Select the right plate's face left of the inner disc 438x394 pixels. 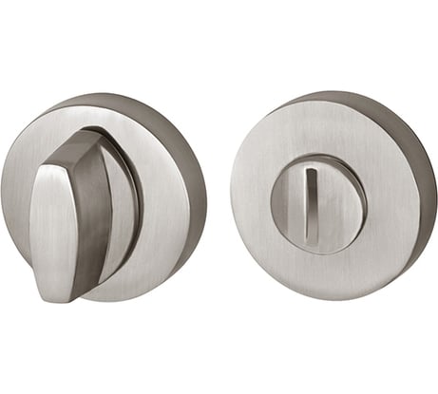coord(251,199)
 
